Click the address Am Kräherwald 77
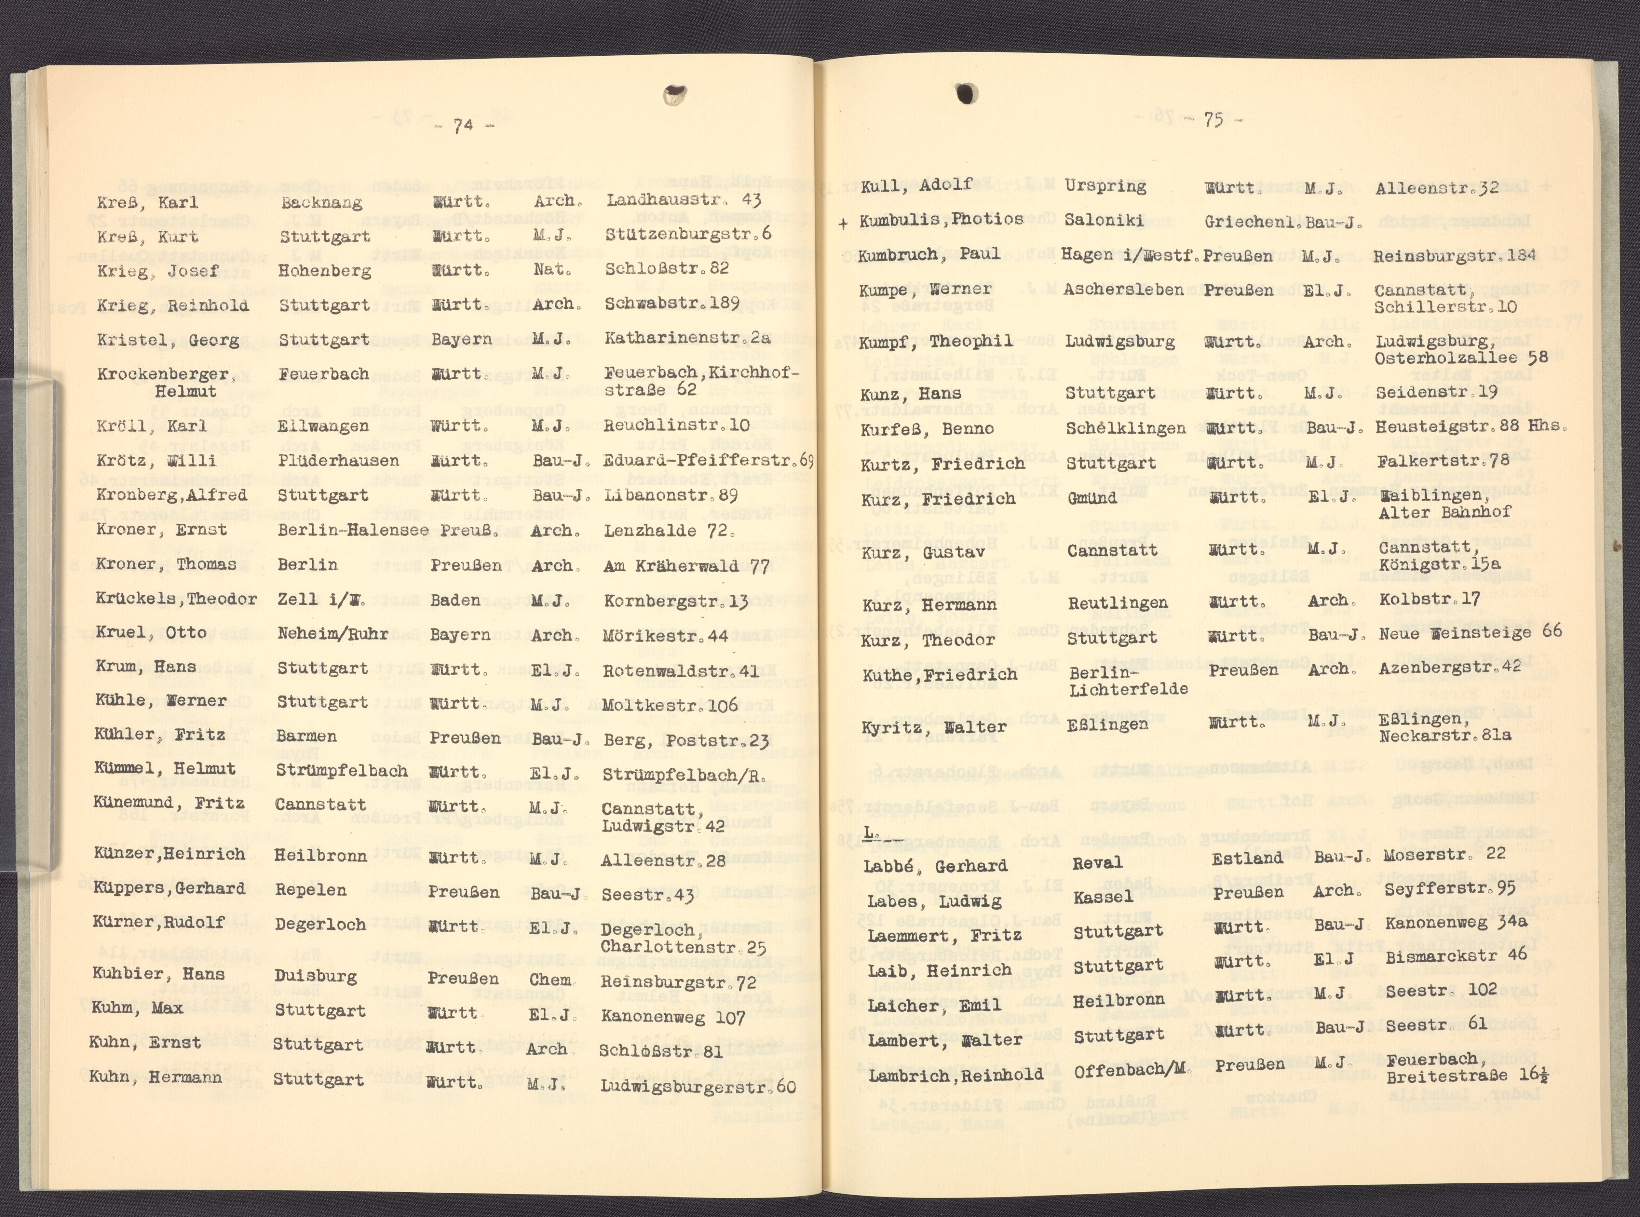[686, 566]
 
